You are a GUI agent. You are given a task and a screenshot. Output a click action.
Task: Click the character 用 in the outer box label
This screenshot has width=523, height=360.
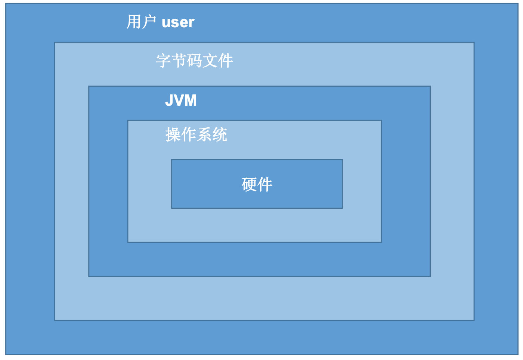point(133,22)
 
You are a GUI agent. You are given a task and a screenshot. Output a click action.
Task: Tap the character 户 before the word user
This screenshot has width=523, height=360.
point(149,22)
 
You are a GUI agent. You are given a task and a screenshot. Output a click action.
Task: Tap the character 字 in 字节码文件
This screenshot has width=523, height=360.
point(163,61)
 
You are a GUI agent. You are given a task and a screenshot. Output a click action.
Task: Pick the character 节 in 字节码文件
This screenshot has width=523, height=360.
point(179,61)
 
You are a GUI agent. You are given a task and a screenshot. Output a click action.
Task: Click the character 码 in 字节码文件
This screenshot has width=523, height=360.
point(194,61)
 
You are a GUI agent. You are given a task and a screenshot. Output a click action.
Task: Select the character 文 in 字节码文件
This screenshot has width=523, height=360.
point(210,61)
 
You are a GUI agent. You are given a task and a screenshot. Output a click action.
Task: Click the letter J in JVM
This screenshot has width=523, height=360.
point(169,100)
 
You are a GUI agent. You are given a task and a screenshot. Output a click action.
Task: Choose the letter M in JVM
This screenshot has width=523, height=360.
point(191,100)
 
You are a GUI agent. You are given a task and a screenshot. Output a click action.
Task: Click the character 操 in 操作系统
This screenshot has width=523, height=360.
point(173,134)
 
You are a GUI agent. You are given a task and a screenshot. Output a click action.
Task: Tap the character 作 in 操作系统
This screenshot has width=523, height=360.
point(188,134)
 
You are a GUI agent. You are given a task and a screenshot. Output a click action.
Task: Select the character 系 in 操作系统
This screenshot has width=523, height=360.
point(204,134)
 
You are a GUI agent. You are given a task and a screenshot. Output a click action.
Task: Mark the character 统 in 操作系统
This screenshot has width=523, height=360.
point(220,134)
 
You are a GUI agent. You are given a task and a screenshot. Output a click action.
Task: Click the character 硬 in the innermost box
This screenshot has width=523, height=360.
point(249,184)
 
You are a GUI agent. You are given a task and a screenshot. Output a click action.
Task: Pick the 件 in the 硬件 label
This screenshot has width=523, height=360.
point(265,184)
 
